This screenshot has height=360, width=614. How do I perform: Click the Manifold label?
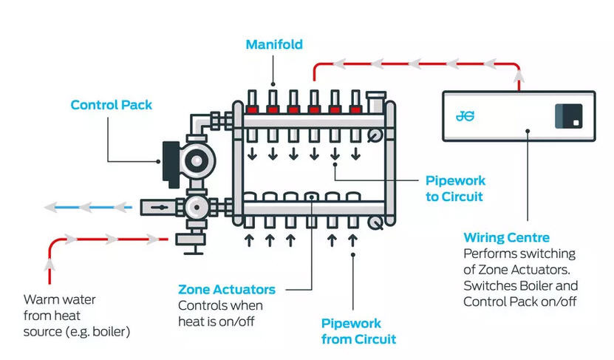[274, 44]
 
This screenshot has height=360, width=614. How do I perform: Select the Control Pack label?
[111, 105]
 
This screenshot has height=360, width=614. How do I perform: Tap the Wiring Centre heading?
[506, 238]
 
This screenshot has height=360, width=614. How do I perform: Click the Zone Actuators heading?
[227, 290]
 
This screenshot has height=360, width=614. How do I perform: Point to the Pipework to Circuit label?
[455, 189]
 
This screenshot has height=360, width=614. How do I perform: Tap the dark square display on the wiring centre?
[569, 115]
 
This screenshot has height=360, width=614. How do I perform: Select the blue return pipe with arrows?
[89, 208]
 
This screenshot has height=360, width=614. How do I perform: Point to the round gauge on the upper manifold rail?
[376, 134]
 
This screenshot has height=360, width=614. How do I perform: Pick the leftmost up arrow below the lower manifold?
[249, 240]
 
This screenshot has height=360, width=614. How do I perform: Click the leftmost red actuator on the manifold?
[252, 112]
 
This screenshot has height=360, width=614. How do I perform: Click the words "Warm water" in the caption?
[54, 299]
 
